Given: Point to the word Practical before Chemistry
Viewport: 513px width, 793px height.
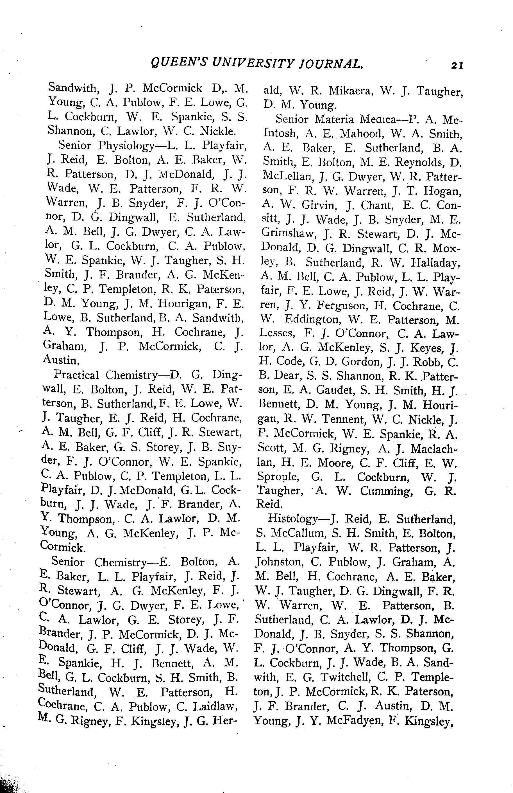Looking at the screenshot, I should (76, 375).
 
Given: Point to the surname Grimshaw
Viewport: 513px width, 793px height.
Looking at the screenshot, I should (288, 234).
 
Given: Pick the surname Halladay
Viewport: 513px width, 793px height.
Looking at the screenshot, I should (435, 263).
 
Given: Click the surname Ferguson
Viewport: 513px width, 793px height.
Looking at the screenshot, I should (341, 306).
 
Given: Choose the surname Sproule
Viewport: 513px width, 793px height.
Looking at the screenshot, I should (278, 477).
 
